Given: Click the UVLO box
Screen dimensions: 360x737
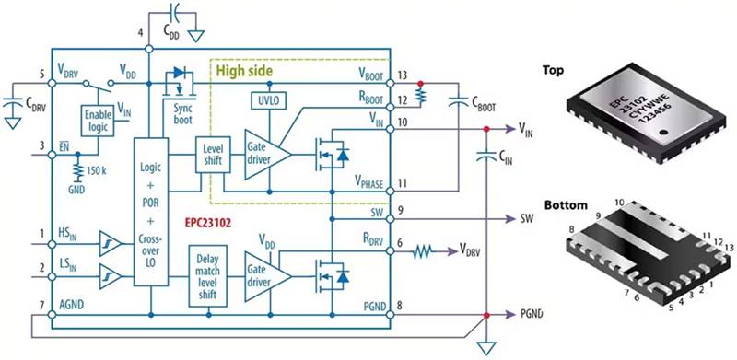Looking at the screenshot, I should pos(267,99).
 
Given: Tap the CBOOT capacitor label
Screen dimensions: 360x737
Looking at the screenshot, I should pos(480,105).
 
